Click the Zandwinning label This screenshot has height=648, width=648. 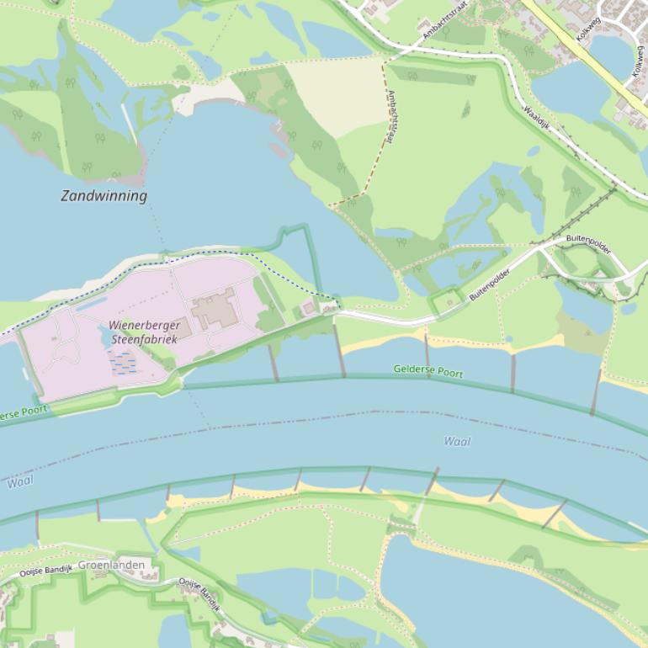(104, 196)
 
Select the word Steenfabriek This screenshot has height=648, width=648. (148, 339)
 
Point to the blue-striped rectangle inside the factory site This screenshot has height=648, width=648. (123, 363)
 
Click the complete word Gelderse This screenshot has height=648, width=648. (415, 369)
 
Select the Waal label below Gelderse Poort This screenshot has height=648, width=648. (457, 441)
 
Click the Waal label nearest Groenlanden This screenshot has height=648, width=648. (20, 483)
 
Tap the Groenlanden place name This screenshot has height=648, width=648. (111, 565)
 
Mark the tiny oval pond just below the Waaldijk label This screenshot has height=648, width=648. (534, 152)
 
